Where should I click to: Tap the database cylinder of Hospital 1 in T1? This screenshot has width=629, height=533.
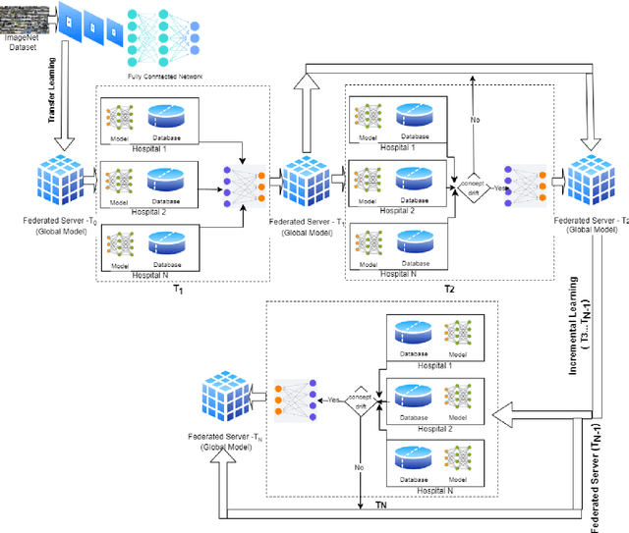[171, 116]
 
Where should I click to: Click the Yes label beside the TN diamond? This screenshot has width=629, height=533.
[335, 400]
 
